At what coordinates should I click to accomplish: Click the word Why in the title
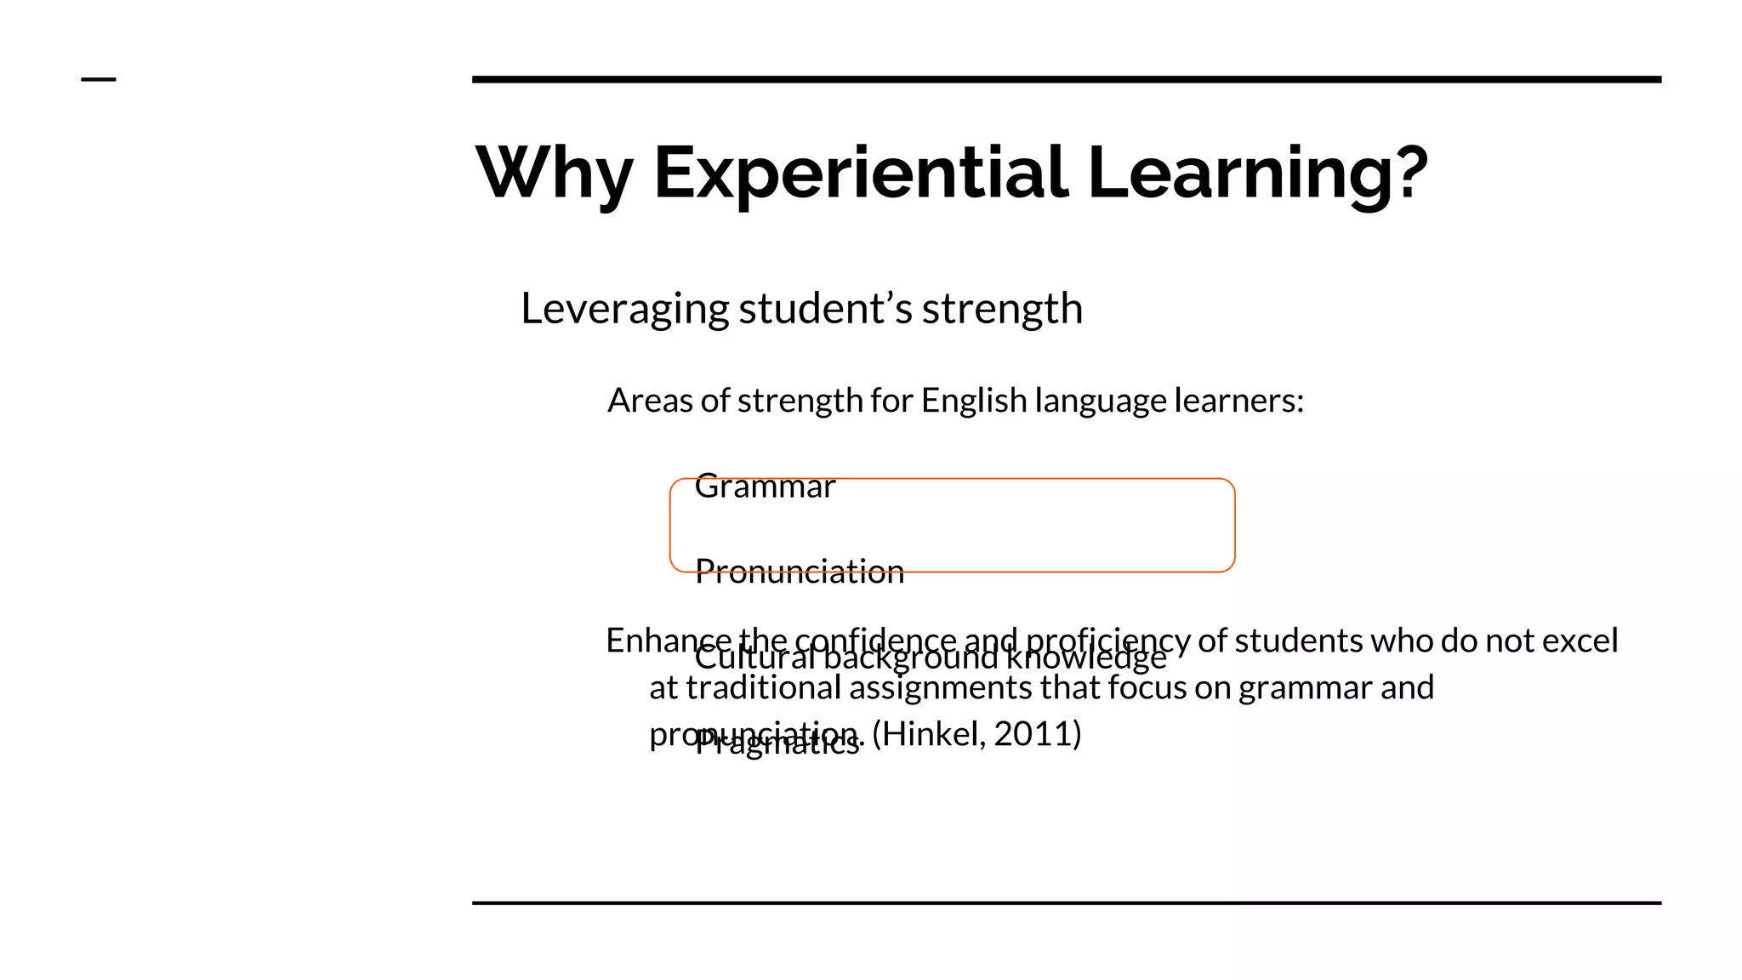554,173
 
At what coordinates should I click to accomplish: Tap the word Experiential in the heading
860,173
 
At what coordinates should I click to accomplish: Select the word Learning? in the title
1257,173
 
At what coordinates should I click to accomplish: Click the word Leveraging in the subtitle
624,309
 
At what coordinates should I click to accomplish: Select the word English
974,401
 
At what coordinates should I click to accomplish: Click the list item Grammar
765,487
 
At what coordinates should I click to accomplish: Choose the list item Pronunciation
799,572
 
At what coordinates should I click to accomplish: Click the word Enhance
668,640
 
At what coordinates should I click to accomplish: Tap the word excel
1580,641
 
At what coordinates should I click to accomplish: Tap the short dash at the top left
98,80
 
